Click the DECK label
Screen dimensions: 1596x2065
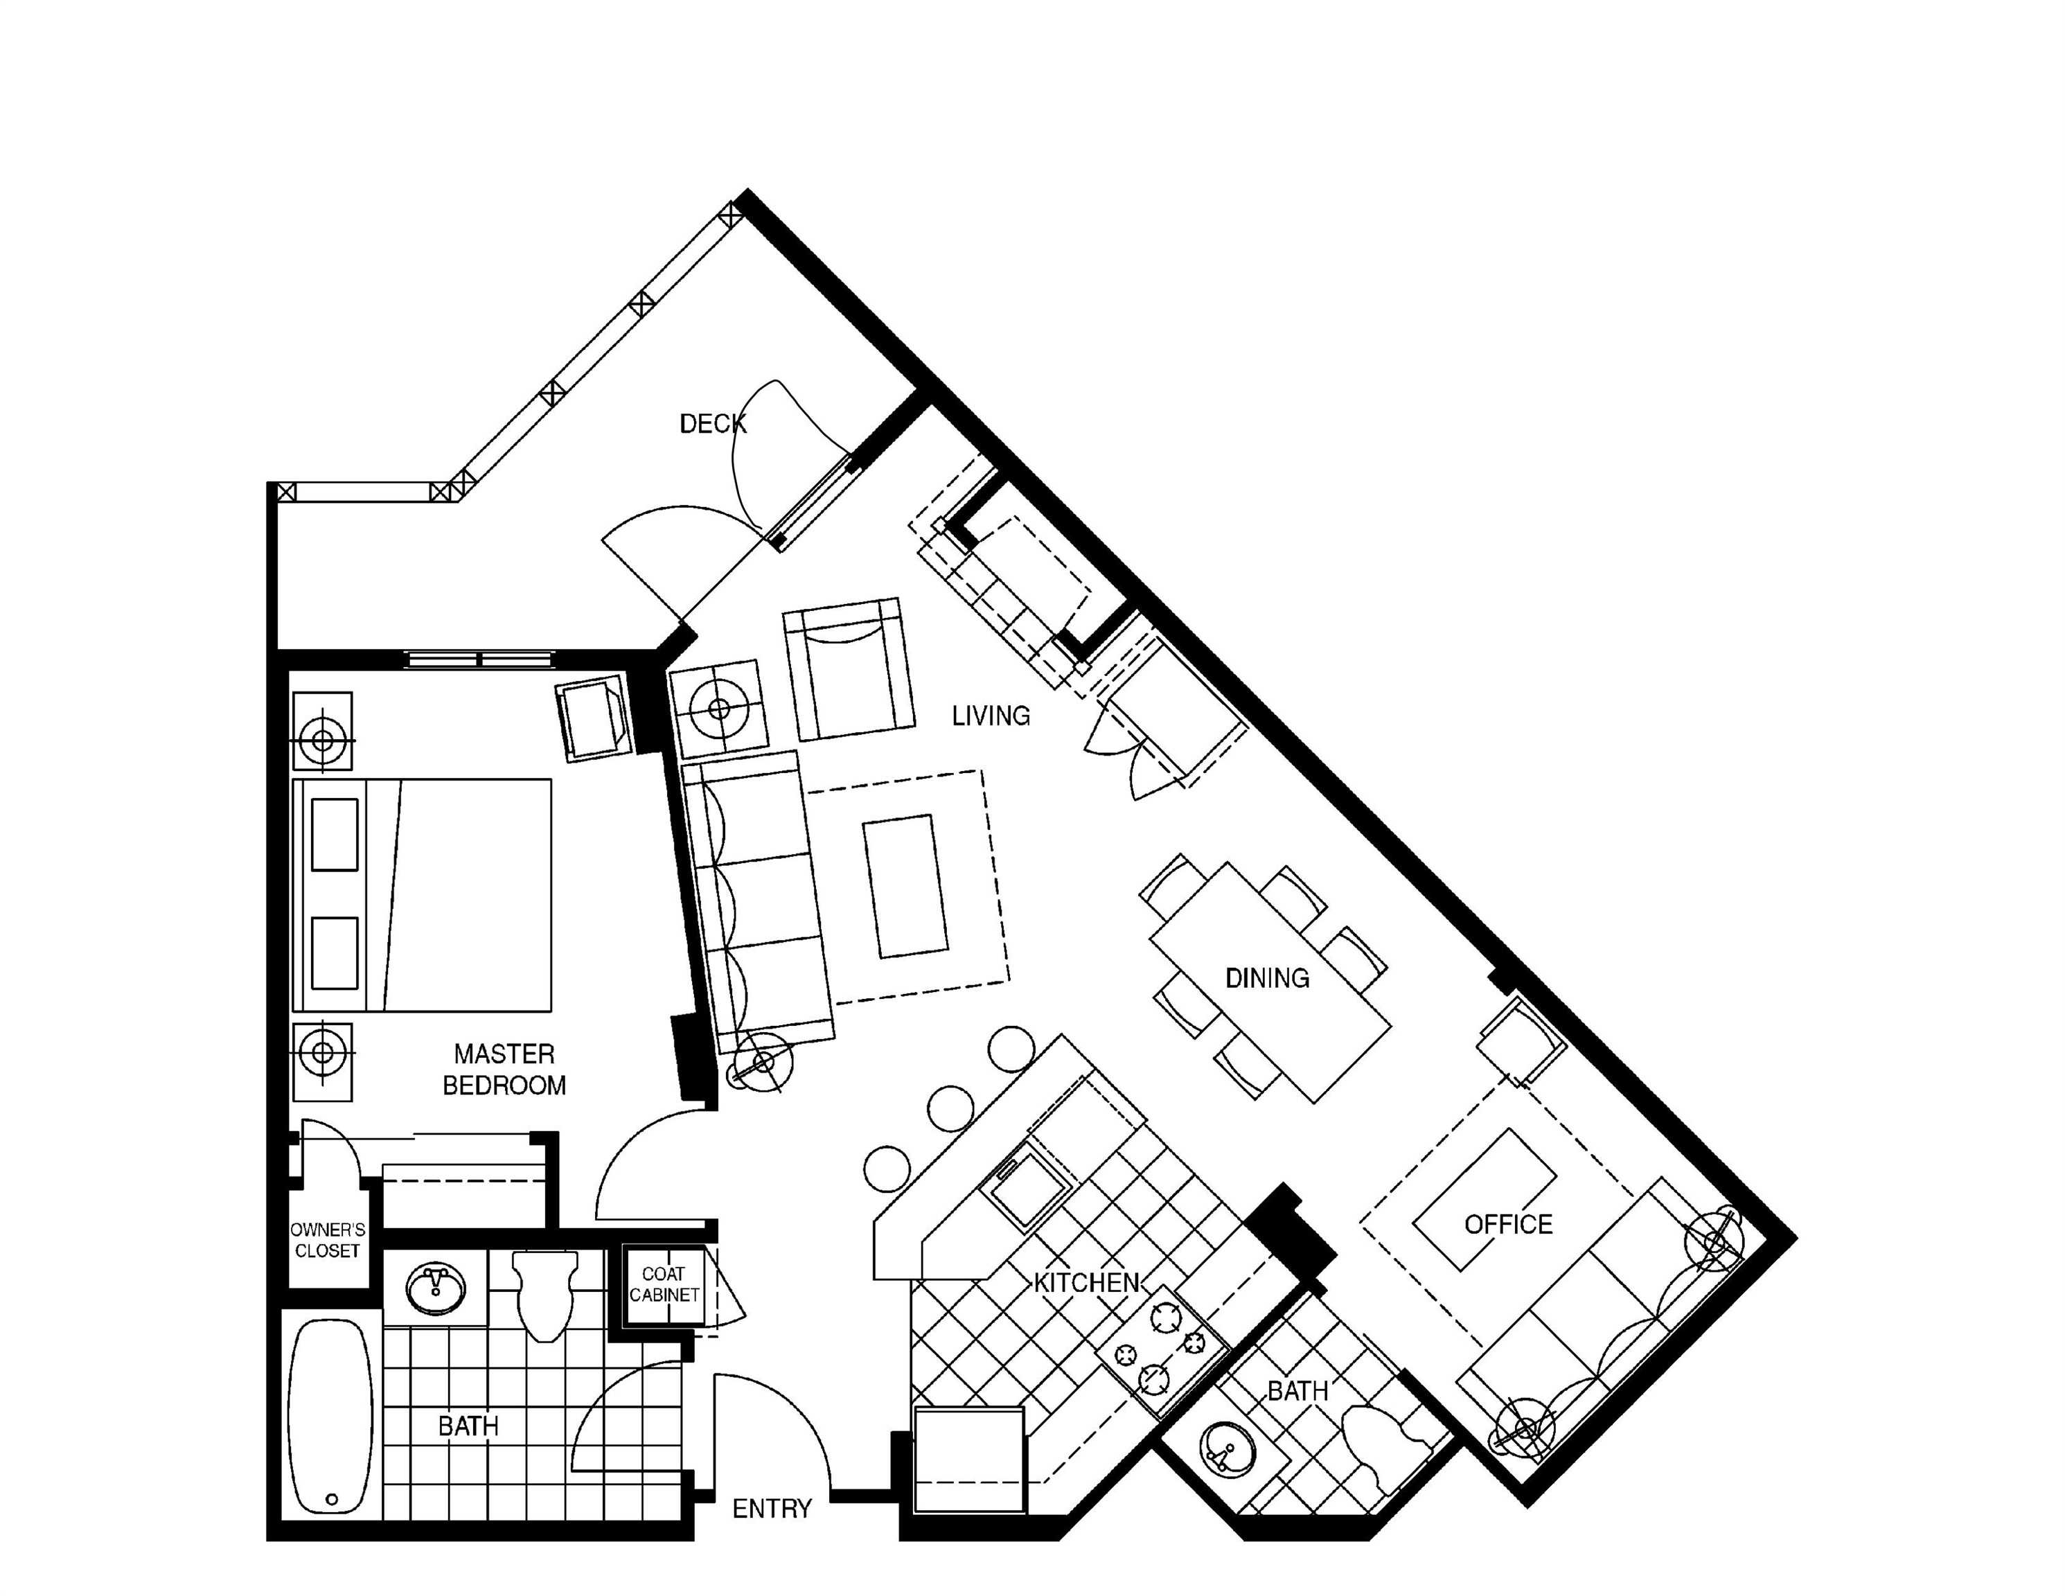[713, 423]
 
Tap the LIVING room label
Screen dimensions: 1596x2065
[990, 716]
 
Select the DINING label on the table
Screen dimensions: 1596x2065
[1267, 977]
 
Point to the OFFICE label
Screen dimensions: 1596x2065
[1508, 1225]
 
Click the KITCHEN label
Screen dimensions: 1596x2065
[1085, 1283]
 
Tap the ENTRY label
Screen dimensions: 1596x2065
[772, 1509]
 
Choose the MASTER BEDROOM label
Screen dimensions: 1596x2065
[504, 1070]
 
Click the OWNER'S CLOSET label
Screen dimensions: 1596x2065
[327, 1241]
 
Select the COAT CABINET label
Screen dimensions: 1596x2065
[664, 1284]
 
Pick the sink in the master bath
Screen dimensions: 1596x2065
[436, 1288]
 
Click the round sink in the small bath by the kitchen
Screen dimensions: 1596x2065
[1228, 1448]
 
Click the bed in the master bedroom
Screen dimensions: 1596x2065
[423, 894]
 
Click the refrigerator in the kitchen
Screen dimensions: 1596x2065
[970, 1459]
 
